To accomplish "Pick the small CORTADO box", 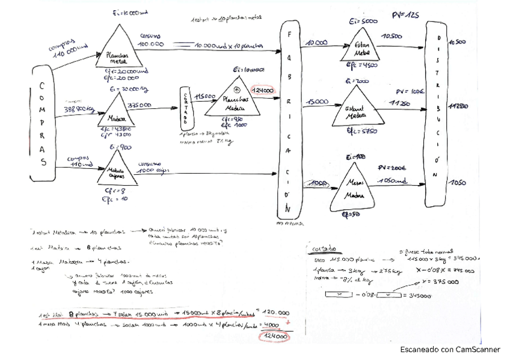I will coord(185,108).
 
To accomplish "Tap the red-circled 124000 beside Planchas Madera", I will coord(263,90).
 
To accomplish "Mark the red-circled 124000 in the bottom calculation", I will coord(274,337).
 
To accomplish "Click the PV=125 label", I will coord(405,15).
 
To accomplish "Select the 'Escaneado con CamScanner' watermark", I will coord(450,349).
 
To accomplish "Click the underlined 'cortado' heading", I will coord(325,248).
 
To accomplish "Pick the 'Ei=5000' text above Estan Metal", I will coord(363,22).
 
